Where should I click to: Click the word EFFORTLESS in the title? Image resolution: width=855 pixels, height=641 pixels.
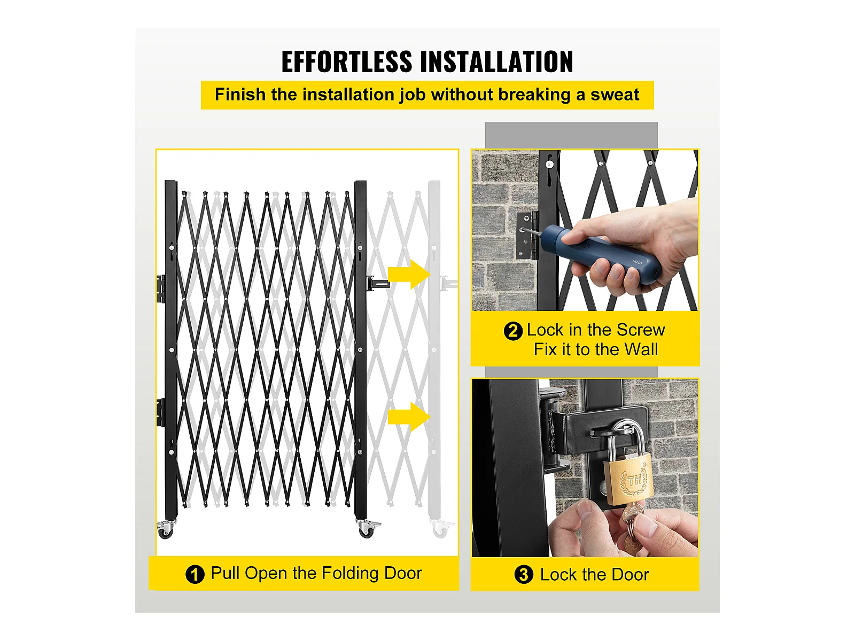[x=346, y=61]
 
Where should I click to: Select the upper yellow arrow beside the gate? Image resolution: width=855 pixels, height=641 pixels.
[x=409, y=275]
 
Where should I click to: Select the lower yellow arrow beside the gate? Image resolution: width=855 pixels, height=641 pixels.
[x=409, y=417]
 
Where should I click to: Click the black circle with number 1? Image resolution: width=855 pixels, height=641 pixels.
[x=195, y=574]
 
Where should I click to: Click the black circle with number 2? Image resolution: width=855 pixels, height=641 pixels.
[x=513, y=331]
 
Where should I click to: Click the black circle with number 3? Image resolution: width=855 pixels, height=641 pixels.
[x=524, y=574]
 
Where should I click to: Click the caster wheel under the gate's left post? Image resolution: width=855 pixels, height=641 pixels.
[x=166, y=530]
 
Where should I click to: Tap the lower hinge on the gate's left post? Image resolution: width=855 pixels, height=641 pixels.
[x=160, y=412]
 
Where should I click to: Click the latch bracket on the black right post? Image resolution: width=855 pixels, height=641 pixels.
[x=377, y=283]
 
